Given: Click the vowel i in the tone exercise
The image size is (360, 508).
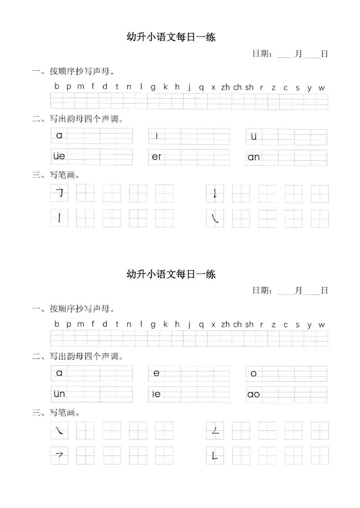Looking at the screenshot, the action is tap(157, 135).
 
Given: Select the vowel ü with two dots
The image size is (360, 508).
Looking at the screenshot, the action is tap(254, 135).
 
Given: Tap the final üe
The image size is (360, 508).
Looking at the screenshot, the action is tap(60, 156).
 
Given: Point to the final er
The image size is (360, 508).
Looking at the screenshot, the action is tap(156, 156).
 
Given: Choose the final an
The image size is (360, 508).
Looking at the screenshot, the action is tap(254, 157).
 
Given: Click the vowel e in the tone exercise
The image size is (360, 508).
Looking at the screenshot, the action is tap(156, 373).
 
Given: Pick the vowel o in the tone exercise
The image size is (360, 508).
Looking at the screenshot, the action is tap(254, 373).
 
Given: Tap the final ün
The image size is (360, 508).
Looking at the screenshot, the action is tap(60, 394).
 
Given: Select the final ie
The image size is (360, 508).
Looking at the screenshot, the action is tap(156, 394).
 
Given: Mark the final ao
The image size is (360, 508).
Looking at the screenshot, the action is tap(254, 394).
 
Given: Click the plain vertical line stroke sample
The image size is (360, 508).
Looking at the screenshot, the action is tap(60, 218).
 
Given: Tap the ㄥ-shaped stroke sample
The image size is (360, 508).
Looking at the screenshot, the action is tap(215, 431).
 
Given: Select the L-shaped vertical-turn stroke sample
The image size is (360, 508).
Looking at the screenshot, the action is tap(215, 456).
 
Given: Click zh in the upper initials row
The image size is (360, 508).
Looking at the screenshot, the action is tap(225, 88).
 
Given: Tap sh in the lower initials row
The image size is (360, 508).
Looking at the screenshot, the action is tap(250, 324).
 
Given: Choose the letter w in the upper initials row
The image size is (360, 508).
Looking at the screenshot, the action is tap(322, 88).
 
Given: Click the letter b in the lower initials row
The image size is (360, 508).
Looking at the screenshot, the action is tap(57, 324).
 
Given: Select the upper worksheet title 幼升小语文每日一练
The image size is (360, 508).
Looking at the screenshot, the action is tap(171, 37).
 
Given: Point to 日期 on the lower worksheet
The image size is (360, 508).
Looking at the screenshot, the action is tap(261, 290).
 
